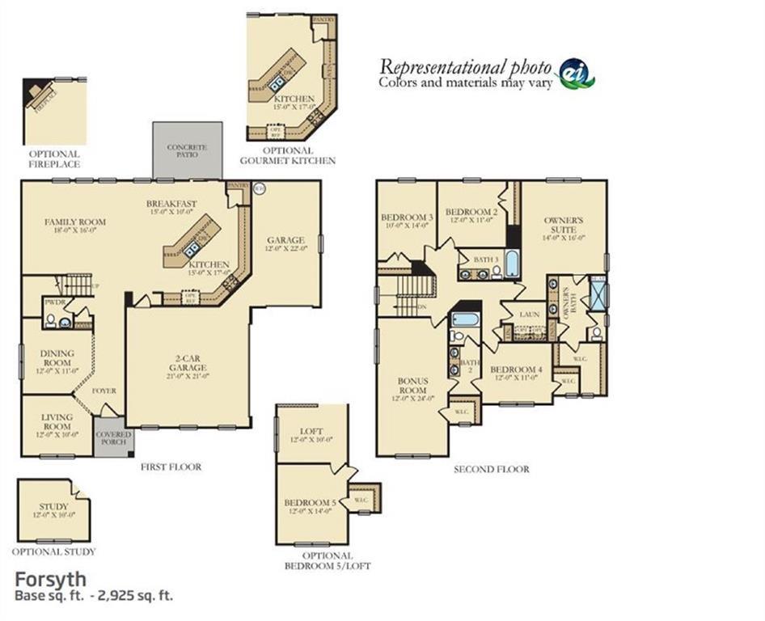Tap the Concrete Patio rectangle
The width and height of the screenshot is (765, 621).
[187, 150]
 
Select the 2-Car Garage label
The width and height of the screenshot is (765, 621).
[187, 363]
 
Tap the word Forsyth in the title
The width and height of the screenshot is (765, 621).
[50, 580]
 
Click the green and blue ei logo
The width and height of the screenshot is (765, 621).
[577, 72]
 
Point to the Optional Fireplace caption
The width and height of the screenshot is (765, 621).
[54, 158]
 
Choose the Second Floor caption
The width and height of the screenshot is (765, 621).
[492, 469]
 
